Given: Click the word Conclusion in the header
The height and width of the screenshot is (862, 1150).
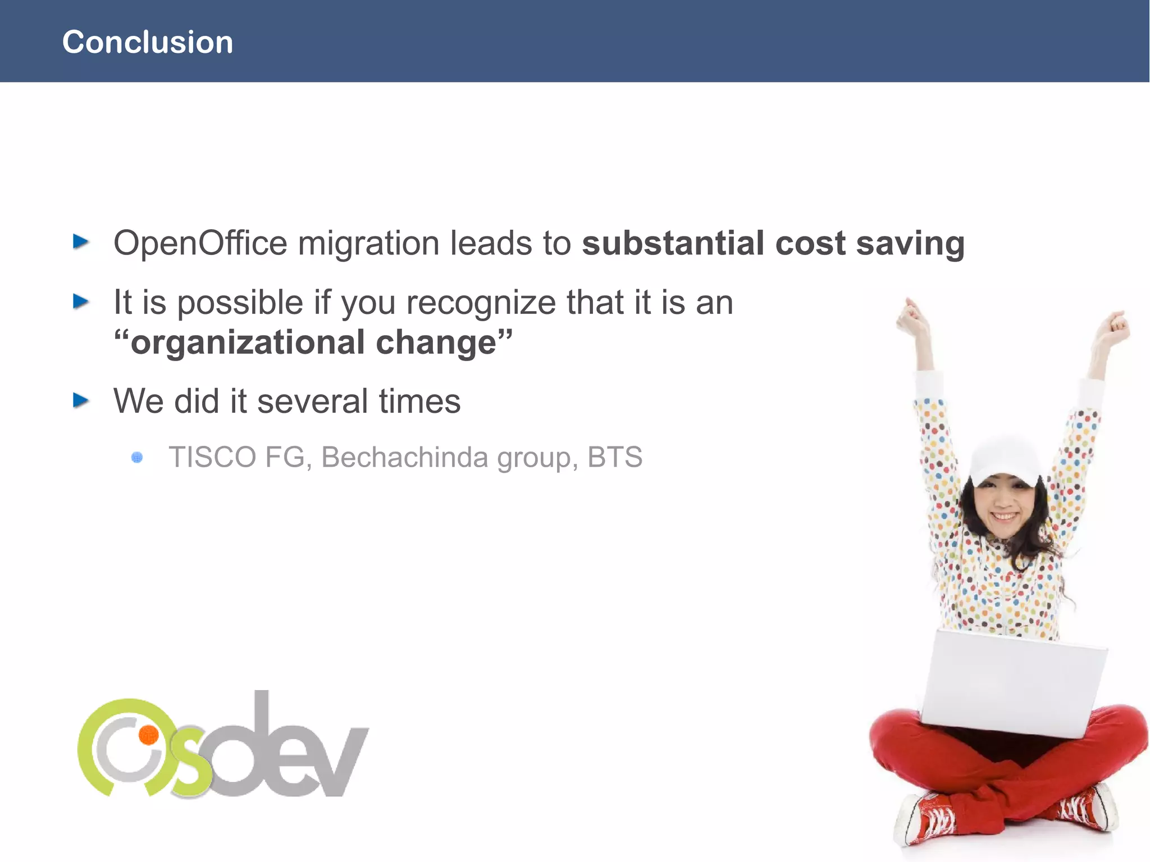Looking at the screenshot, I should point(147,43).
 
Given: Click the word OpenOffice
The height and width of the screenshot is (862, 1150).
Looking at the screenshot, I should point(200,243).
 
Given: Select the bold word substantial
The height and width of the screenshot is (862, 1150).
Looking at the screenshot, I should point(673,243).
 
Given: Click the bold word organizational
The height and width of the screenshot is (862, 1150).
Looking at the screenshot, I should point(248,343).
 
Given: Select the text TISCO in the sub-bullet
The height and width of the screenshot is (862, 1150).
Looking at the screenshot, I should point(212,457).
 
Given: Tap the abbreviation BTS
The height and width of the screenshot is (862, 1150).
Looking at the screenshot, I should point(614,457).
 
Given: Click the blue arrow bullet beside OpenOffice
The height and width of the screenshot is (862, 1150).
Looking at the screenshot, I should point(81,242).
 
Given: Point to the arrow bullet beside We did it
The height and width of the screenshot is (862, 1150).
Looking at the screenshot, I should point(81,400).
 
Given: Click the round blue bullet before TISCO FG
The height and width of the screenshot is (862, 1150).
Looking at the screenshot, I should point(137,458).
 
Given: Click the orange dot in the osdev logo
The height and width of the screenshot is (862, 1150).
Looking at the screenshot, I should point(149,735).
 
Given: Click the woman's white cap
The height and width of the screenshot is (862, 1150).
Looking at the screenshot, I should point(1005,458).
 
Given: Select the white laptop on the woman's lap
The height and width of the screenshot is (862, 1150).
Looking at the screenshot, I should point(1011,682).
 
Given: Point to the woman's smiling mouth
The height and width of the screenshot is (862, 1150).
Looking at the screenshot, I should point(1005,516).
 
